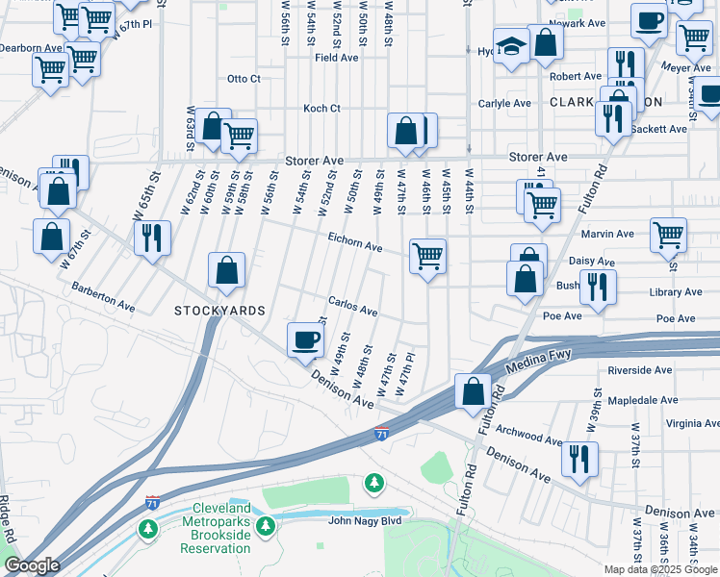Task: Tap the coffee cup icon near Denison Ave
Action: pyautogui.click(x=306, y=340)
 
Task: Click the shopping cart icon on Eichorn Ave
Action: pyautogui.click(x=427, y=256)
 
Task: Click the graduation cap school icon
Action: pyautogui.click(x=512, y=46)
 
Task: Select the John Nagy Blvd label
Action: pyautogui.click(x=364, y=521)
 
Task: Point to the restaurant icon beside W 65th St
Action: pyautogui.click(x=152, y=238)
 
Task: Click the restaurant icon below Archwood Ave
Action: pyautogui.click(x=579, y=459)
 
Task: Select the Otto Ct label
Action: pyautogui.click(x=244, y=78)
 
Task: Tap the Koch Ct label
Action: pyautogui.click(x=321, y=109)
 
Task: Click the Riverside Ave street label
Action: pyautogui.click(x=639, y=369)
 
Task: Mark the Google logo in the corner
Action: pyautogui.click(x=32, y=565)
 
